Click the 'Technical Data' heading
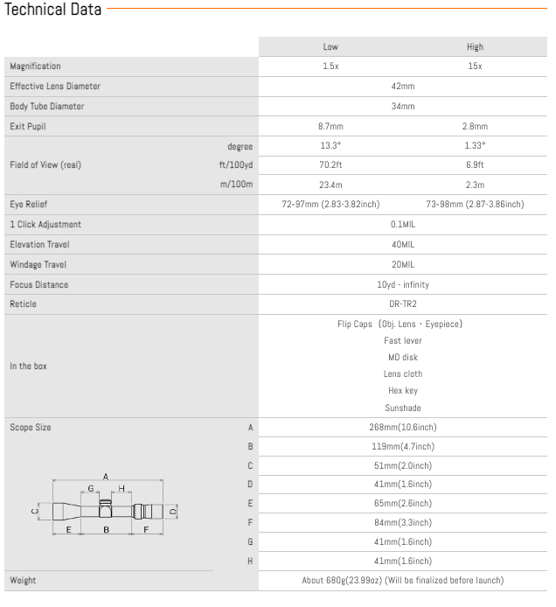[x=53, y=10]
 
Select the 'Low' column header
[x=330, y=47]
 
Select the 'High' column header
[x=475, y=47]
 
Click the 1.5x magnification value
[x=330, y=66]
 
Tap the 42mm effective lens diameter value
[x=402, y=87]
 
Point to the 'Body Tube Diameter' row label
[x=47, y=107]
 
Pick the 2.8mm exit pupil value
[x=475, y=127]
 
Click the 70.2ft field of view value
[x=330, y=164]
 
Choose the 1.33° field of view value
[x=475, y=146]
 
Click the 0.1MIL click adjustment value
[x=402, y=224]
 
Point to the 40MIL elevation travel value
[x=402, y=245]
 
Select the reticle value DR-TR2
[x=402, y=304]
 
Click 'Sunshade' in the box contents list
[x=402, y=408]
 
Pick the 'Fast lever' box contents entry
[x=402, y=340]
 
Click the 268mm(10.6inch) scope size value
[x=402, y=428]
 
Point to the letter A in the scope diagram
[x=105, y=477]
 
